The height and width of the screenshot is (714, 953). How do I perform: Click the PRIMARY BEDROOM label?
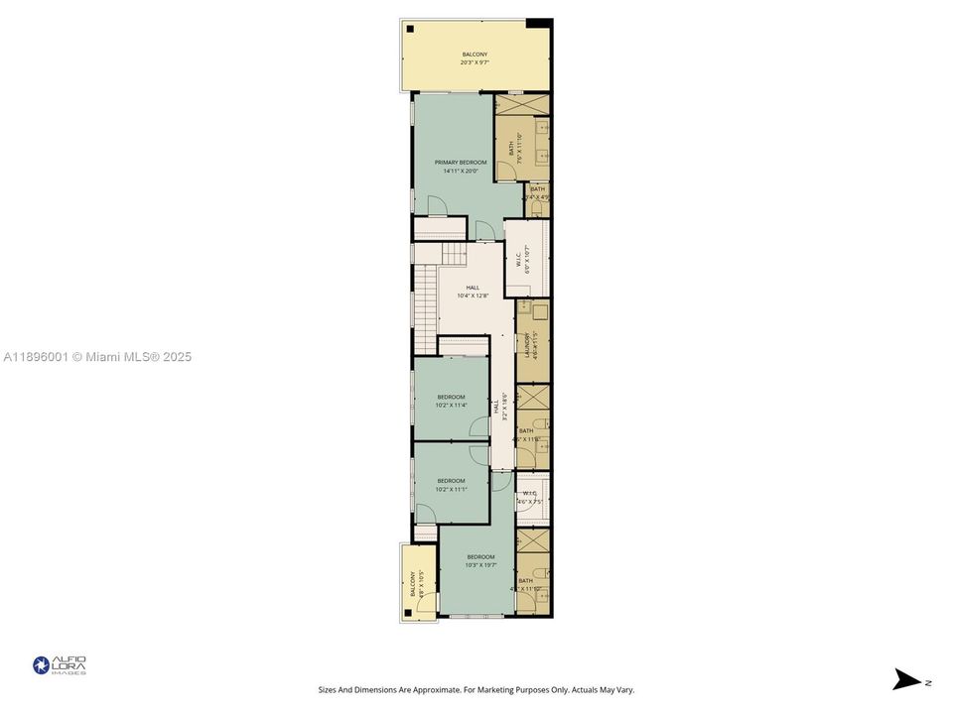[461, 162]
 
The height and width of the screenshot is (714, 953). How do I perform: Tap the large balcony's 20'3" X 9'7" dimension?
[474, 62]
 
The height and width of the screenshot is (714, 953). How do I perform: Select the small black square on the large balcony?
[410, 29]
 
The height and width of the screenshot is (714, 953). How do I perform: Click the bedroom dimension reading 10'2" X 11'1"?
[451, 489]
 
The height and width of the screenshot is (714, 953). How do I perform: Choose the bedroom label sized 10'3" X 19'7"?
[480, 565]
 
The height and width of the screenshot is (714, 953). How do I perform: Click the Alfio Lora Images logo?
[60, 665]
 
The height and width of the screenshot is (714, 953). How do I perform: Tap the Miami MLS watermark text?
[98, 357]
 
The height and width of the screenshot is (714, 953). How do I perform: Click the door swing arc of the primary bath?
[507, 171]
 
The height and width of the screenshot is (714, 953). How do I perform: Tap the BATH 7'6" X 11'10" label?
[513, 149]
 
